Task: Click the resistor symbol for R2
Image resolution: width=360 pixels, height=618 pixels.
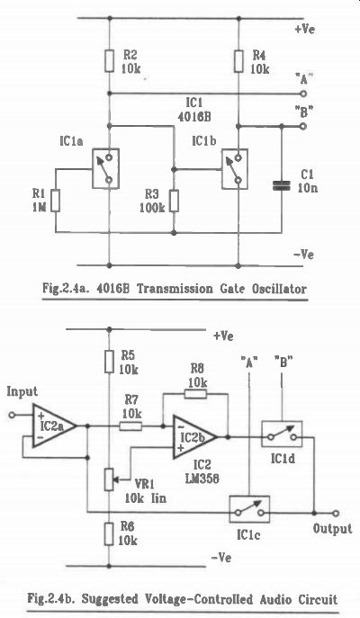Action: click(109, 61)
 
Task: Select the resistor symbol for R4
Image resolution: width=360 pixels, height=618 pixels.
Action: click(238, 61)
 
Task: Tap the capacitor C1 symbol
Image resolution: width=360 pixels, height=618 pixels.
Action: click(281, 186)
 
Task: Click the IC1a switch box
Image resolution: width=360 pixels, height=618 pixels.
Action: click(105, 168)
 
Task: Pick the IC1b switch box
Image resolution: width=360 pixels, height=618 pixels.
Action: click(235, 169)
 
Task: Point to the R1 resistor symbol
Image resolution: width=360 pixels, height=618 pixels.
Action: click(56, 201)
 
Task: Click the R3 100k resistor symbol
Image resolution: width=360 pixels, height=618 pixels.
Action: click(174, 201)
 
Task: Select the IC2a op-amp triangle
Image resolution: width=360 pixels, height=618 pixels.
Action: click(54, 425)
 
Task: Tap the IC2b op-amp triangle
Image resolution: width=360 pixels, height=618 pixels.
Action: click(194, 437)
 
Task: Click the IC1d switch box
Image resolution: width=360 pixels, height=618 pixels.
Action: click(282, 434)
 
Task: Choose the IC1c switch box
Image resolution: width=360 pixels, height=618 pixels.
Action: click(249, 509)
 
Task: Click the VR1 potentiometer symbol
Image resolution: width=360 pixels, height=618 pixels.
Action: click(109, 479)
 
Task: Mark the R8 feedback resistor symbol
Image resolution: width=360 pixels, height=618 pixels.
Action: click(195, 393)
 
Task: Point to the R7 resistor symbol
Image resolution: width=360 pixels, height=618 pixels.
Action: click(130, 425)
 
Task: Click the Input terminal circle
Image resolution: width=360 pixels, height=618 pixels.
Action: click(12, 415)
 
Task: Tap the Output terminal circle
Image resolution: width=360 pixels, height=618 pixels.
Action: click(335, 513)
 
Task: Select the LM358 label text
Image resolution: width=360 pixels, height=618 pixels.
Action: click(202, 478)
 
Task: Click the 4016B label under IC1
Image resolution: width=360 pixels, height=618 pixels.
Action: click(193, 118)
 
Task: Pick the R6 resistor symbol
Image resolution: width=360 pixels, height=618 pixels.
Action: click(109, 534)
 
